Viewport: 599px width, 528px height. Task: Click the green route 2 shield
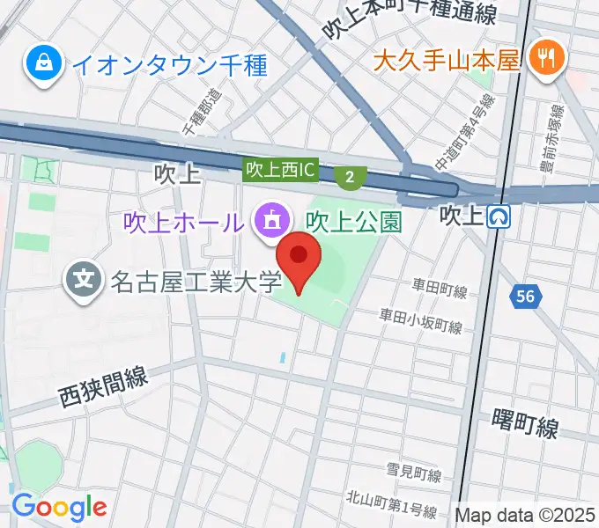[351, 178]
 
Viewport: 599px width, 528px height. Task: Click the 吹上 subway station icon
[501, 216]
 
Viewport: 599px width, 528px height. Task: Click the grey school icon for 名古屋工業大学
[85, 282]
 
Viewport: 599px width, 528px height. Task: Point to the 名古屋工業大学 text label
[196, 282]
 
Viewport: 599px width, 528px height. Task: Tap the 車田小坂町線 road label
[421, 320]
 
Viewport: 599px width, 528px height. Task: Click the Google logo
[59, 507]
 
